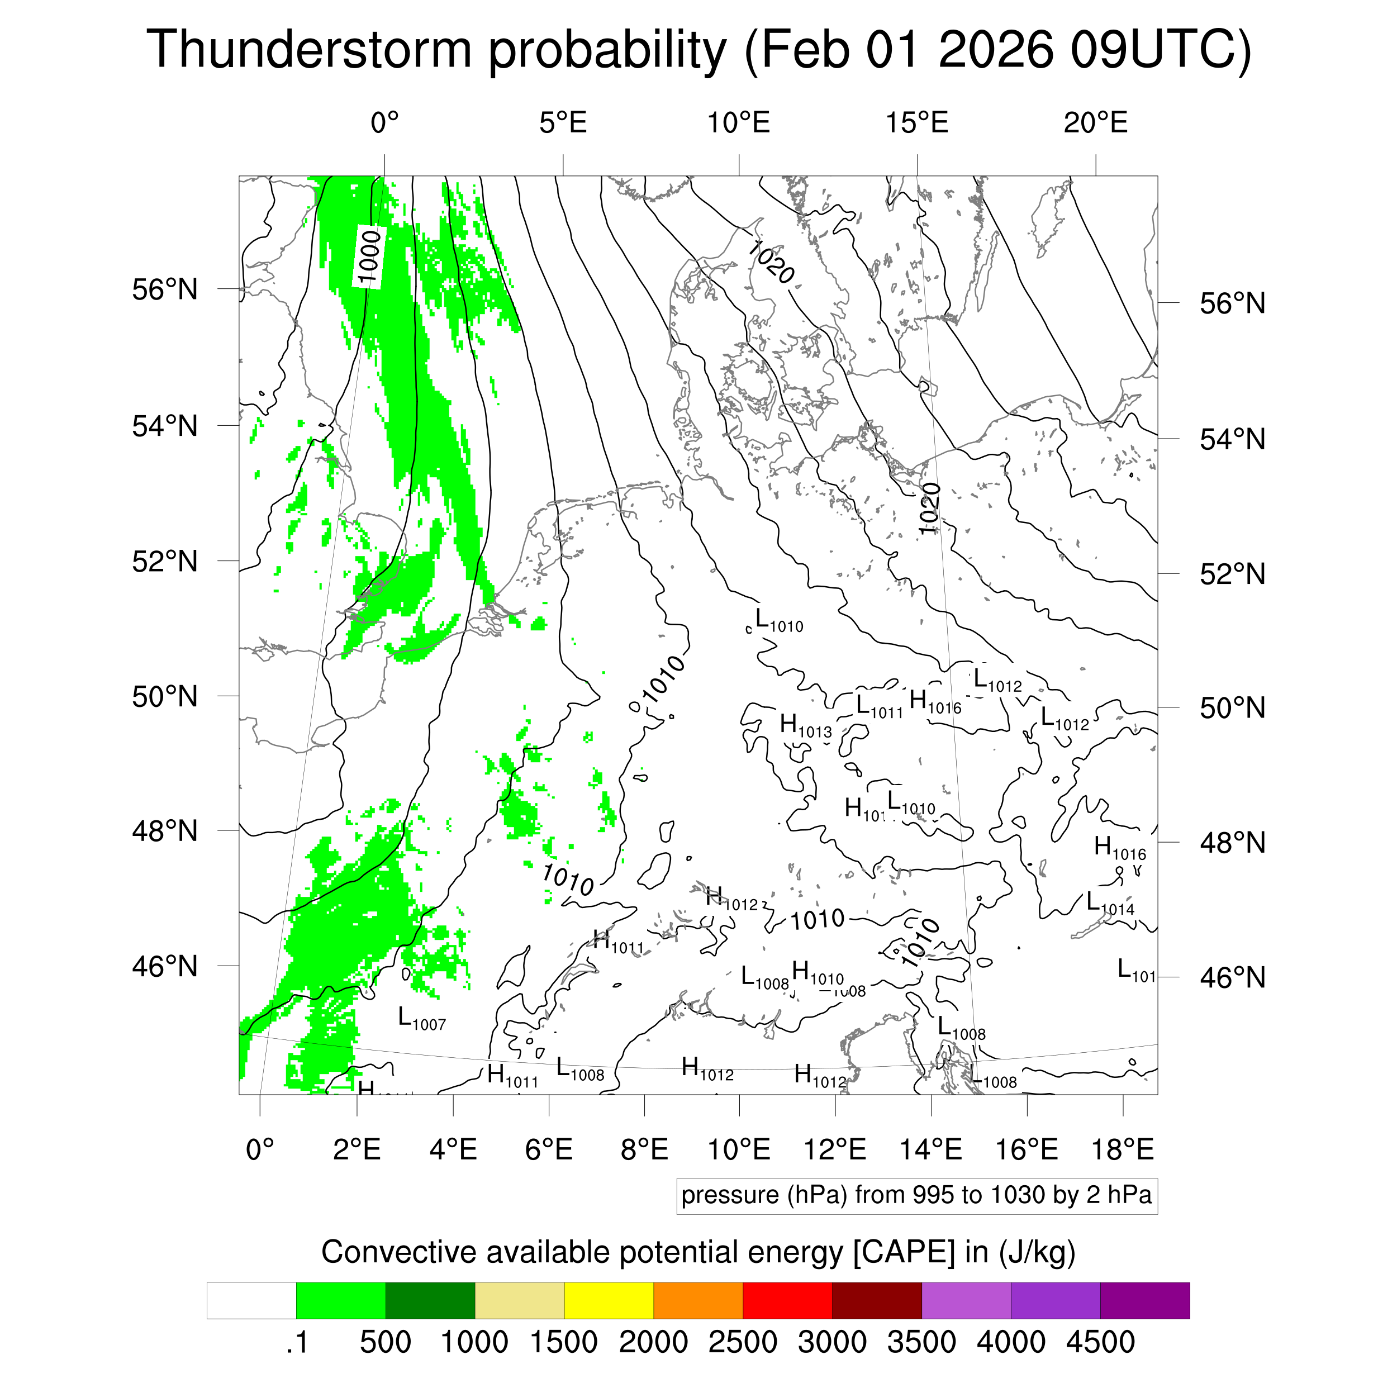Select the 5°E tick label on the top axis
[x=563, y=123]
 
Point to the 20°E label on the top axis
[x=1095, y=123]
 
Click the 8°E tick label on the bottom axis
[x=644, y=1149]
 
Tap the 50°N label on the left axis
[x=165, y=696]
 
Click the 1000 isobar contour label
[x=369, y=256]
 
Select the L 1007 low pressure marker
[x=421, y=1019]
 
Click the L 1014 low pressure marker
[x=1110, y=903]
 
